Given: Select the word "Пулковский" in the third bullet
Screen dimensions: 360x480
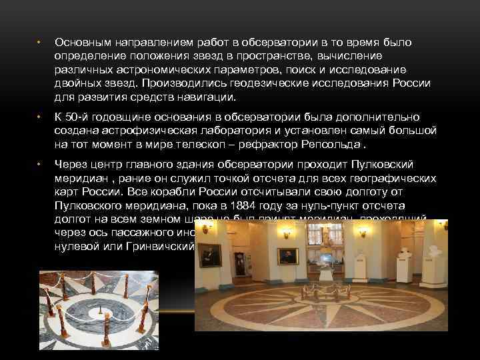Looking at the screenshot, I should pos(379,164).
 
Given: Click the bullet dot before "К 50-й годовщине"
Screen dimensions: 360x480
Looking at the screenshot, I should pos(39,117).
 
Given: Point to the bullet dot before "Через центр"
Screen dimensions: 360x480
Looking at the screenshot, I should pos(39,165).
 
